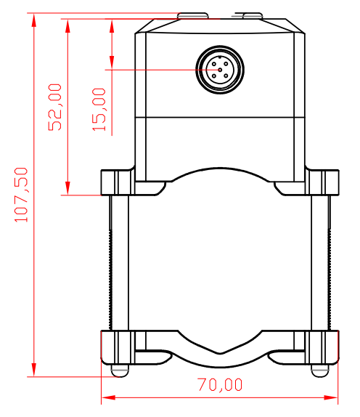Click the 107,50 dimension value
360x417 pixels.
click(x=21, y=195)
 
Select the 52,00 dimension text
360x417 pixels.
click(x=54, y=108)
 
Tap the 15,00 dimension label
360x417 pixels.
click(x=99, y=109)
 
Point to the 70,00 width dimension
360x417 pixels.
click(x=220, y=384)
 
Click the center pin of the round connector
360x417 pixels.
click(x=220, y=70)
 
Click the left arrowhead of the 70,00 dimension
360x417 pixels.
click(x=108, y=397)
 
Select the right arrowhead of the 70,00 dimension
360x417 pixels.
click(x=331, y=397)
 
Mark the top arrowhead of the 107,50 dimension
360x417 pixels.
click(x=33, y=20)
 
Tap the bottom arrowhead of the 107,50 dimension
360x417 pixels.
click(x=33, y=369)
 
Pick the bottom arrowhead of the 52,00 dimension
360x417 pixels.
click(x=67, y=188)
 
